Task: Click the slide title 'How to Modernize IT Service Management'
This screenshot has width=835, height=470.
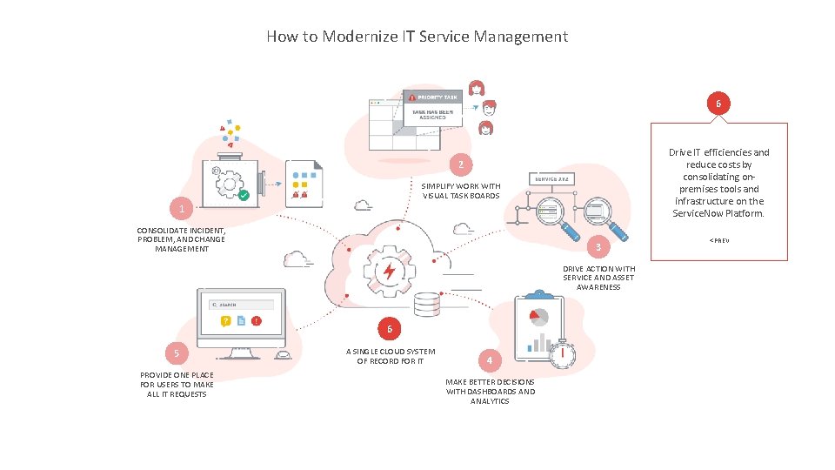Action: (x=417, y=37)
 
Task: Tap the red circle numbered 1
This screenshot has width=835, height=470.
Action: (x=181, y=210)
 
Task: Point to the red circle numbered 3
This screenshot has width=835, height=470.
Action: (x=598, y=247)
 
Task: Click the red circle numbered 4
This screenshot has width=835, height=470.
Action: (x=490, y=359)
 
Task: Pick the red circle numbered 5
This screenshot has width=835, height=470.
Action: (x=177, y=352)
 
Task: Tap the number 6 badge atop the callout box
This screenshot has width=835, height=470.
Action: (x=718, y=104)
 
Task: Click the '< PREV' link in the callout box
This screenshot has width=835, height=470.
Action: (x=718, y=239)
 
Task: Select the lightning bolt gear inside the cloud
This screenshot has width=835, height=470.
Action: (x=388, y=272)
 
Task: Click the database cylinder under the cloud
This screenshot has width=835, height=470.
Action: (x=427, y=305)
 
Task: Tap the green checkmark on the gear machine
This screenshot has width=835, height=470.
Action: (x=244, y=195)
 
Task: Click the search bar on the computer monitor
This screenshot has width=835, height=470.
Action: (x=241, y=305)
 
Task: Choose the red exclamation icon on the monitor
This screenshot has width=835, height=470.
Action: (x=256, y=321)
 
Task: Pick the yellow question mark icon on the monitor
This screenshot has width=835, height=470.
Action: (x=225, y=321)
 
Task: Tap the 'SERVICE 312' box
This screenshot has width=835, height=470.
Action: (x=551, y=178)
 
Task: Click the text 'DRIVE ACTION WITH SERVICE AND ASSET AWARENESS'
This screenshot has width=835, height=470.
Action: (x=598, y=278)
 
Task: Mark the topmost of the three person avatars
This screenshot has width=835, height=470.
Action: (x=477, y=88)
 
